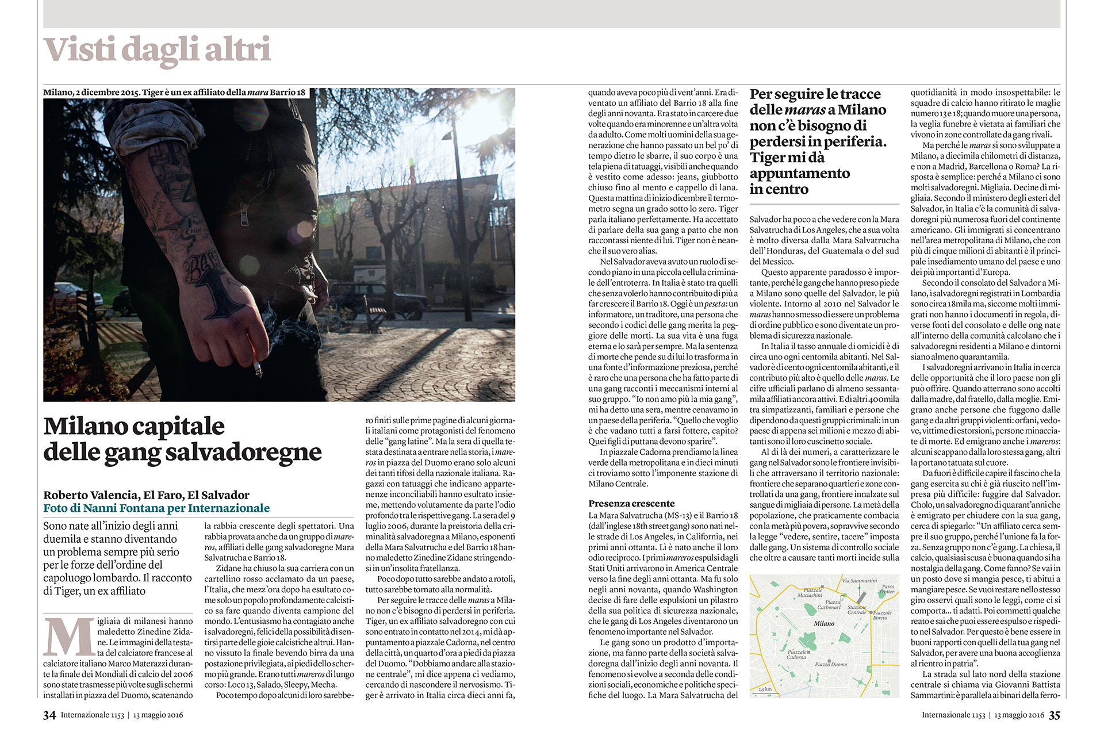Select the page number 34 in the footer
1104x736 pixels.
[49, 715]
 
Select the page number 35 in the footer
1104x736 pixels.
[1054, 715]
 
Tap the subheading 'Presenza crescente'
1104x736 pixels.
[631, 504]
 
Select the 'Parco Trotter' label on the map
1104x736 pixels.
[887, 589]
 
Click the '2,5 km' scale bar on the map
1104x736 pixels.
[765, 690]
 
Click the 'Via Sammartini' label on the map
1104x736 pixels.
[859, 581]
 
